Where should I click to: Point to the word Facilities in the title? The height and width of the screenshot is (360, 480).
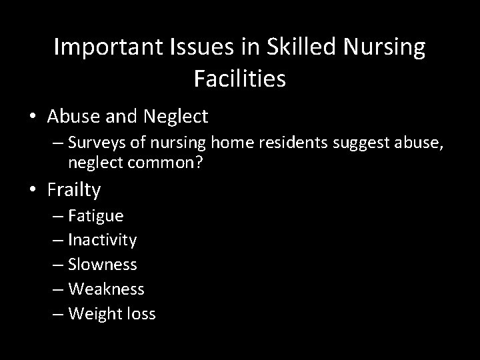pos(240,79)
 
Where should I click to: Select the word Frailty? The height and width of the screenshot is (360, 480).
pos(74,191)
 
